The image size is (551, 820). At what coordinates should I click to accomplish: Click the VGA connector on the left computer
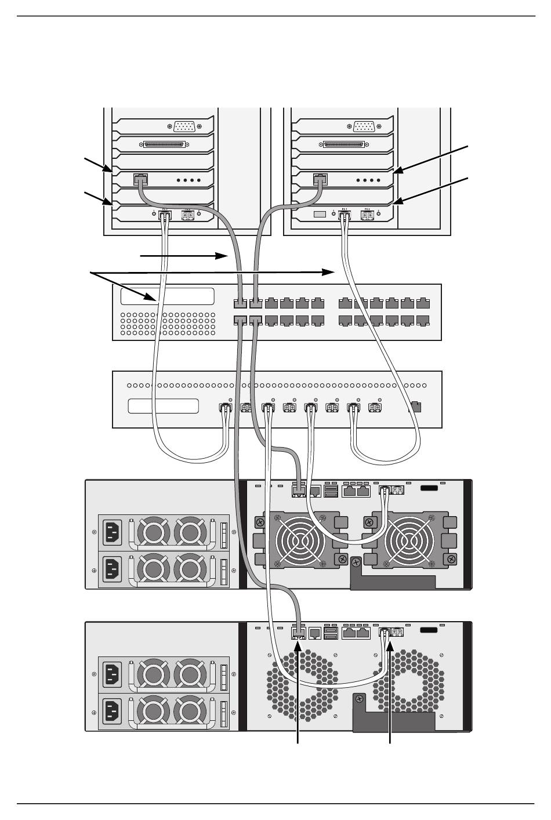(x=184, y=126)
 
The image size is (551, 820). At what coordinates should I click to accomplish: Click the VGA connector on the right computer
(x=364, y=126)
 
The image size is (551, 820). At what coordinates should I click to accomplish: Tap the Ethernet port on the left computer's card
(x=140, y=179)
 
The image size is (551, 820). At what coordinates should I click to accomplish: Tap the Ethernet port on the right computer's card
(x=319, y=179)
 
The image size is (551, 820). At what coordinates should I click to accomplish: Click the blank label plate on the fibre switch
(x=164, y=406)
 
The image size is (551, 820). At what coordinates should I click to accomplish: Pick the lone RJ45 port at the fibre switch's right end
(x=415, y=406)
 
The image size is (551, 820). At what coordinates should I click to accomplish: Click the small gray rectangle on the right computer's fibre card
(x=320, y=215)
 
